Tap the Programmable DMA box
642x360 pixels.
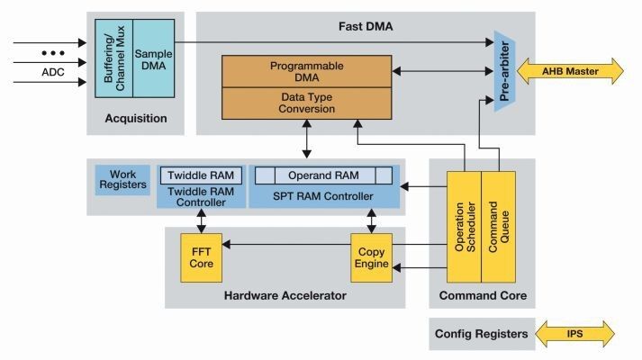pos(307,72)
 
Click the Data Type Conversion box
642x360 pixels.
pos(307,103)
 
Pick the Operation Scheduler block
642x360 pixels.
pos(465,224)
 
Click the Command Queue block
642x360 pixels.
pos(498,224)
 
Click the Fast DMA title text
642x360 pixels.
pos(365,25)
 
